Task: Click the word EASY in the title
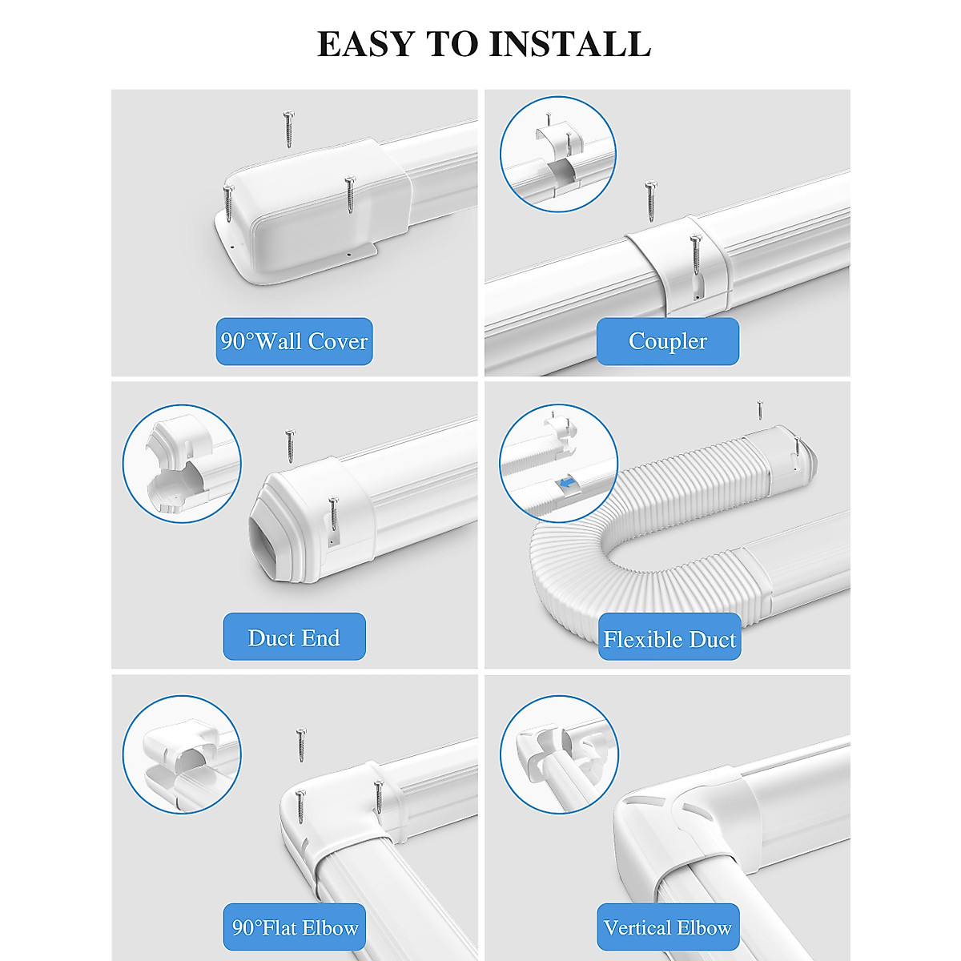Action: click(x=366, y=43)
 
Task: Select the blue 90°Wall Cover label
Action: click(x=294, y=342)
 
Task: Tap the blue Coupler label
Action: click(x=667, y=341)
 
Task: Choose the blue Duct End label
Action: click(x=294, y=637)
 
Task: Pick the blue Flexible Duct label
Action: click(x=669, y=639)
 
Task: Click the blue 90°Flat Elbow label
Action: click(x=294, y=928)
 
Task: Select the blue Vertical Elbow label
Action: click(x=667, y=928)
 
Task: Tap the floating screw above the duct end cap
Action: click(x=290, y=444)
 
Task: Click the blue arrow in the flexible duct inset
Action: click(x=568, y=485)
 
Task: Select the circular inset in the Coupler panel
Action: click(x=558, y=154)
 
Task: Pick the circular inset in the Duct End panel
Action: click(x=182, y=464)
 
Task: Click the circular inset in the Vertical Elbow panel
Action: click(x=559, y=754)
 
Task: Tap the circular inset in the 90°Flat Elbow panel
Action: click(x=182, y=754)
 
